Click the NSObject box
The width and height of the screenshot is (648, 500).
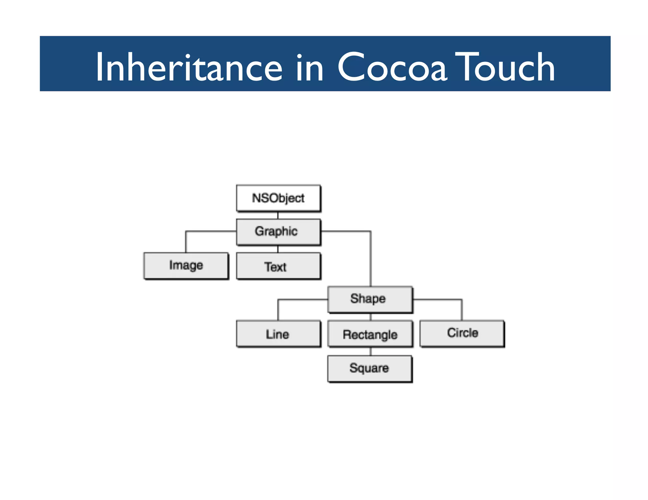coord(278,198)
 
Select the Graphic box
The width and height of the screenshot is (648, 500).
coord(278,232)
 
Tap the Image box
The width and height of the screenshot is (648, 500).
coord(186,265)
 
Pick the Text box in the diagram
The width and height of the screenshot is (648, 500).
coord(278,266)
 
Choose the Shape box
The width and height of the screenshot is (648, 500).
coord(370,299)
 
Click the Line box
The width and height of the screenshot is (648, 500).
coord(278,334)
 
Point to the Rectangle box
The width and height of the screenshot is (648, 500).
coord(370,334)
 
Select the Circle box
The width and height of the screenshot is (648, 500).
coord(462,333)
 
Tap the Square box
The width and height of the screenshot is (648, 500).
coord(370,368)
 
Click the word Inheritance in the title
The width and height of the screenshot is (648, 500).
coord(189,67)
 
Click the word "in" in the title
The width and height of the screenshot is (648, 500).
coord(310,67)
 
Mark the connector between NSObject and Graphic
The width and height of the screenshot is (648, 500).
coord(278,216)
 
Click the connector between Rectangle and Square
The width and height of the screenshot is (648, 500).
coord(371,351)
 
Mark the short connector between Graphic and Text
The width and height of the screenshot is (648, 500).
coord(278,249)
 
